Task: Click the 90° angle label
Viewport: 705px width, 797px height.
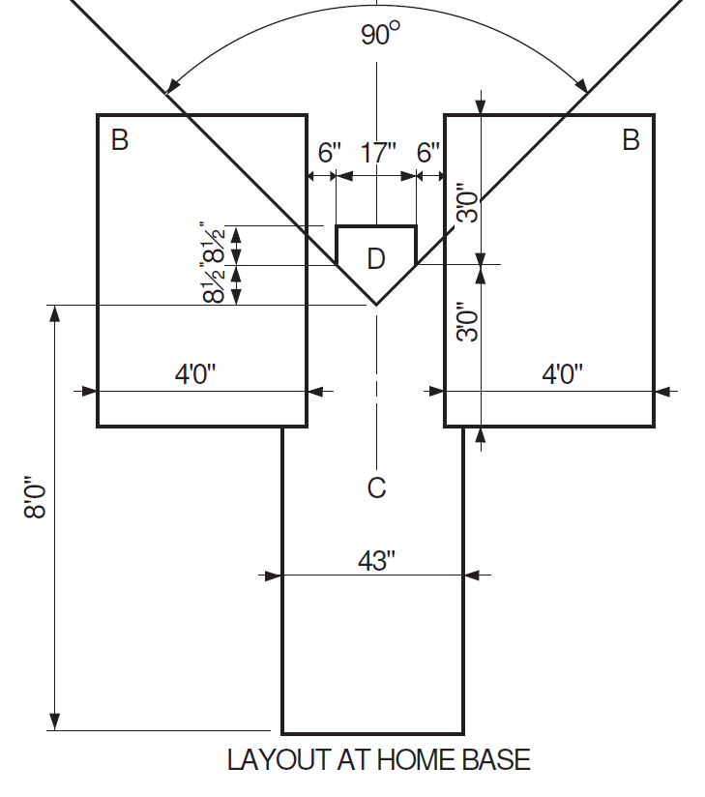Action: click(380, 35)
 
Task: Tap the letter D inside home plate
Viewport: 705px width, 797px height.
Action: click(376, 258)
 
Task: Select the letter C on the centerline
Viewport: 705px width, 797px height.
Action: click(376, 488)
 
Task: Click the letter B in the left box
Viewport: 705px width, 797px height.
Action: click(120, 141)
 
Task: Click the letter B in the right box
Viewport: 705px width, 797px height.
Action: click(631, 141)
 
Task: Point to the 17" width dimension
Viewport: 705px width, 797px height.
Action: click(378, 153)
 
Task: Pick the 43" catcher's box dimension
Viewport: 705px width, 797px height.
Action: click(376, 561)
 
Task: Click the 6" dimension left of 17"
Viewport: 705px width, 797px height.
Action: click(330, 153)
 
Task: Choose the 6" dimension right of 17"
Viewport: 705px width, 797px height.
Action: click(427, 153)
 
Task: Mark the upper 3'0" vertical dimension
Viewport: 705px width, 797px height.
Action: click(469, 202)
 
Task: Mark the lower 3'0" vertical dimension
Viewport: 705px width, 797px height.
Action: click(469, 320)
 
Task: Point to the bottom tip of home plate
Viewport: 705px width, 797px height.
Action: click(376, 305)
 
